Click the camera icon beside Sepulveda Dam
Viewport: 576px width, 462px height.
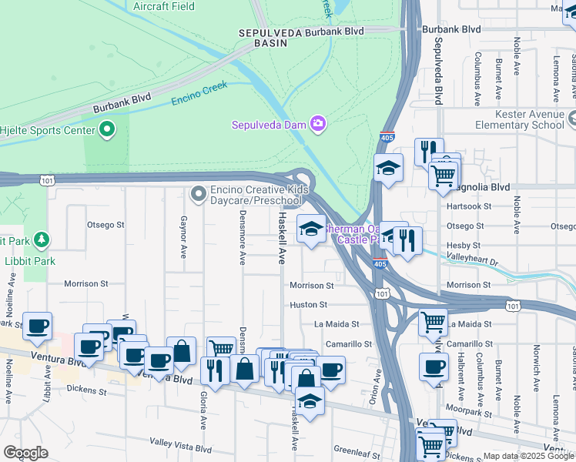point(317,124)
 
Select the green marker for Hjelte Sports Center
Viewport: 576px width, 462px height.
point(107,129)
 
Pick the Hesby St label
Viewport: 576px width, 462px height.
point(464,245)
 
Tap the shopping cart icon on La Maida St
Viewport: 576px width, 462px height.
point(434,321)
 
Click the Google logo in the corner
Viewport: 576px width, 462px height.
point(25,453)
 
